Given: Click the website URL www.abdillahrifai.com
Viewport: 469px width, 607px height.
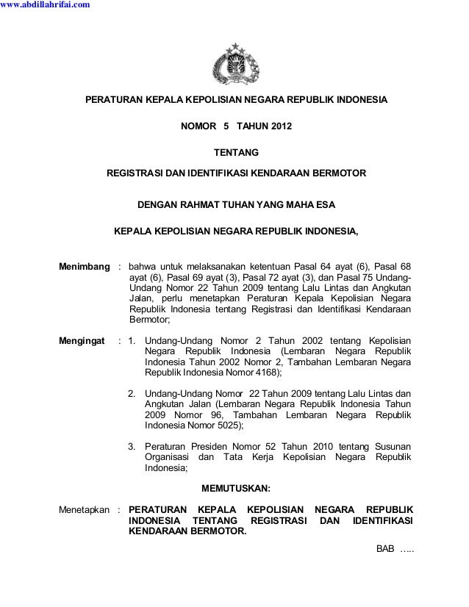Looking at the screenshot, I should pyautogui.click(x=46, y=6).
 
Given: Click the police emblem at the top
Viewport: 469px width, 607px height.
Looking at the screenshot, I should pyautogui.click(x=235, y=65).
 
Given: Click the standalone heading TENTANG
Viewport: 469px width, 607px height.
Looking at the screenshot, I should pyautogui.click(x=235, y=153).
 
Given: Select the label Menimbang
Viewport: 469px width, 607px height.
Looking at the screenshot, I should pyautogui.click(x=84, y=265).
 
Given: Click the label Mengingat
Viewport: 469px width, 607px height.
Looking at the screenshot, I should pyautogui.click(x=81, y=341).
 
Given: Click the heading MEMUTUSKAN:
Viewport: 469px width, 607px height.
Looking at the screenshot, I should pyautogui.click(x=235, y=488).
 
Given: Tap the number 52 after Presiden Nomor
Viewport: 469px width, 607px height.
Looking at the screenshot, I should pyautogui.click(x=275, y=446).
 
